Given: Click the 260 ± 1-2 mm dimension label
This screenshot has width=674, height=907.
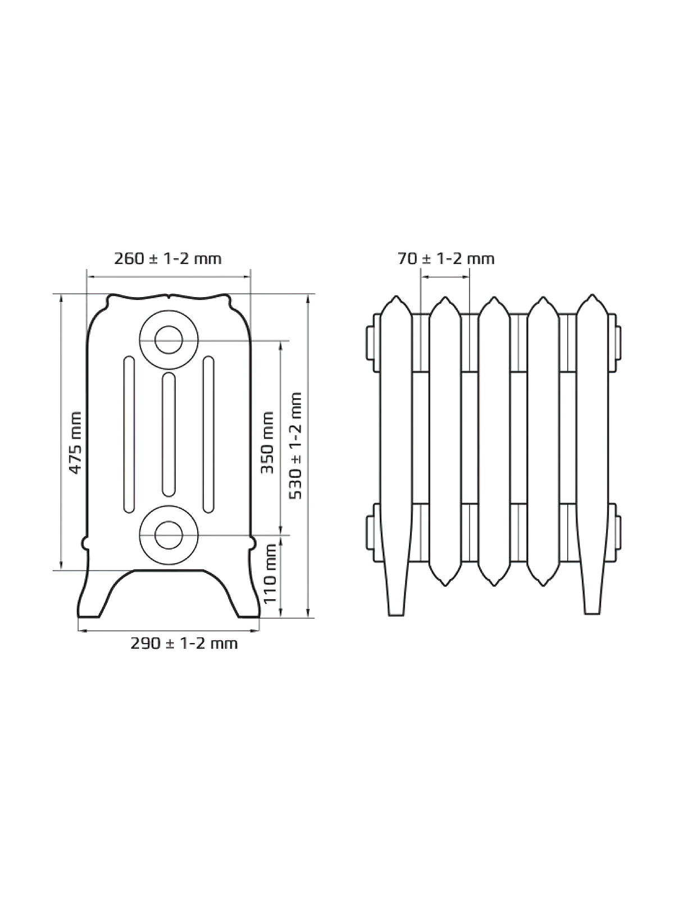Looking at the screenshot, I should click(167, 258).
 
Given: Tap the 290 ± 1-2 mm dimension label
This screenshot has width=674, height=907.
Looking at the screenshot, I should click(184, 643).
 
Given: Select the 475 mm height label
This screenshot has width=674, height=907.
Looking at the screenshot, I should click(75, 443).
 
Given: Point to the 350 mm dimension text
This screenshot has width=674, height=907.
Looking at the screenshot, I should click(267, 443).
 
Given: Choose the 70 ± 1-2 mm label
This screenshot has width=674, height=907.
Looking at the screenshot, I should click(446, 258).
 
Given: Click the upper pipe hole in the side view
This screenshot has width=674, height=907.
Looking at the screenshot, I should click(168, 340).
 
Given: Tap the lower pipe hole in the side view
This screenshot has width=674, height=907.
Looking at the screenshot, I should click(168, 535).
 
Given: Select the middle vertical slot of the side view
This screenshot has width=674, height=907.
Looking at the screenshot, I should click(168, 434).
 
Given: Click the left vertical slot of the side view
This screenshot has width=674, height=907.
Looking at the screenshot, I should click(129, 434).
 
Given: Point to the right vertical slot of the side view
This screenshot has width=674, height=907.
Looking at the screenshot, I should click(208, 434).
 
